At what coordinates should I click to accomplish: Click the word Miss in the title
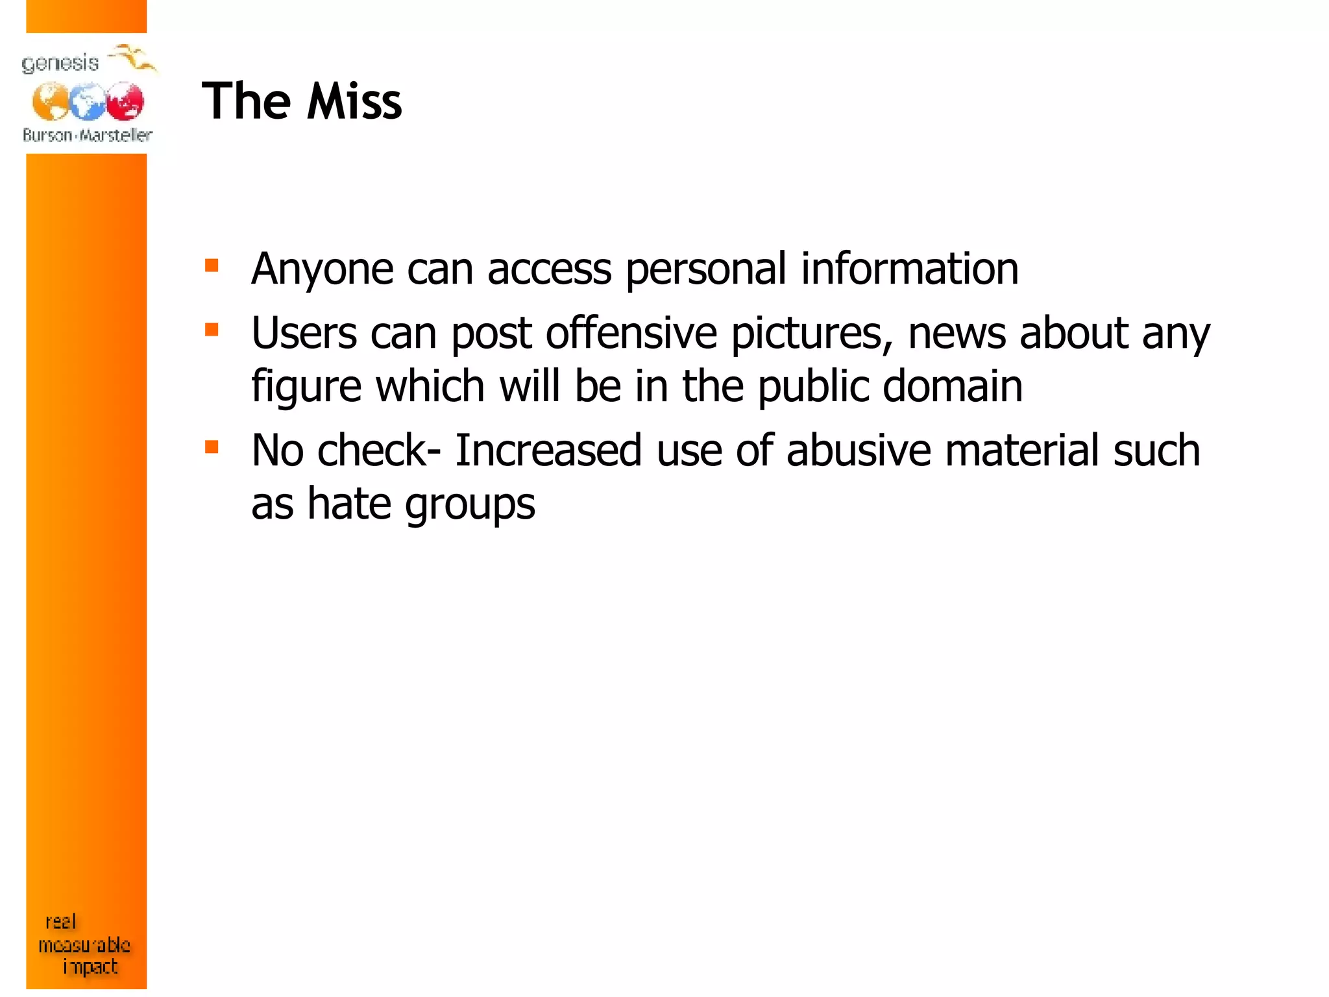354,102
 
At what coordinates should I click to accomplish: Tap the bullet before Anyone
212,265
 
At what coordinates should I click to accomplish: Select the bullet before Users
212,330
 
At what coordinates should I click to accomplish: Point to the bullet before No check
212,447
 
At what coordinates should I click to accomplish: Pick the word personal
706,269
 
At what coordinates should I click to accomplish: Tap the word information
910,269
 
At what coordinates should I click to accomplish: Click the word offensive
631,333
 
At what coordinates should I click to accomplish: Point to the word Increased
548,450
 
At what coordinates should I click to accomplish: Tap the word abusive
859,450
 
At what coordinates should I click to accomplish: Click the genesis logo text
60,64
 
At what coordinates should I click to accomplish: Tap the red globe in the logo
125,101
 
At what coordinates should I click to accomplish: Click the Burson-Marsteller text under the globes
88,135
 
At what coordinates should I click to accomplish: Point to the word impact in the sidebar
90,967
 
